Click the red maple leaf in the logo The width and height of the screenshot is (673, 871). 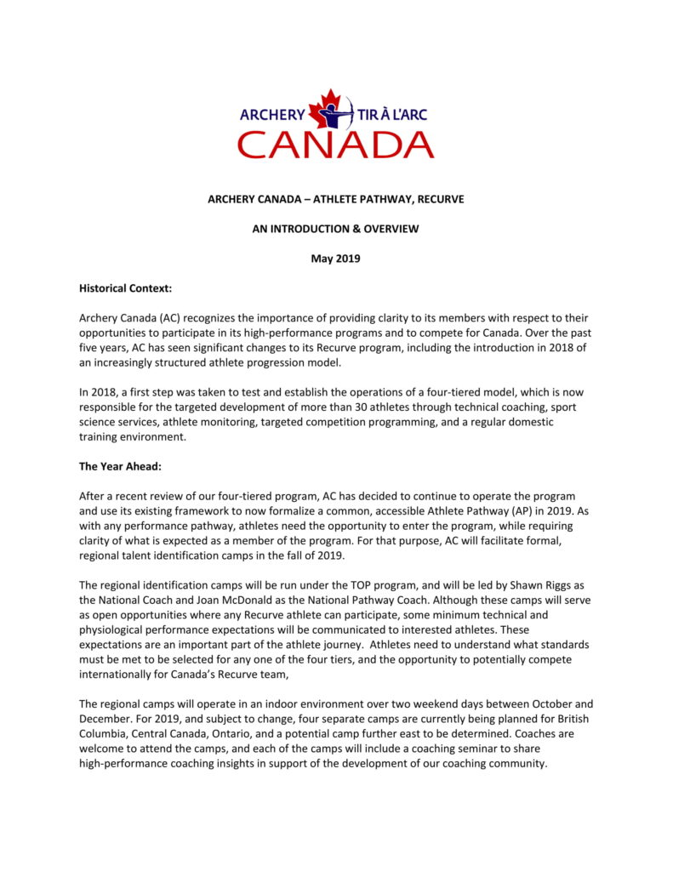(x=324, y=111)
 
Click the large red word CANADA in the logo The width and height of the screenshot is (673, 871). (x=335, y=145)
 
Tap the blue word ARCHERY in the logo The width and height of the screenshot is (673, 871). (x=271, y=114)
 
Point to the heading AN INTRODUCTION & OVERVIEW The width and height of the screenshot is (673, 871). (x=336, y=229)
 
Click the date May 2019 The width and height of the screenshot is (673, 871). (x=336, y=259)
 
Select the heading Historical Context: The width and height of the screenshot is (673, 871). (x=125, y=288)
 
